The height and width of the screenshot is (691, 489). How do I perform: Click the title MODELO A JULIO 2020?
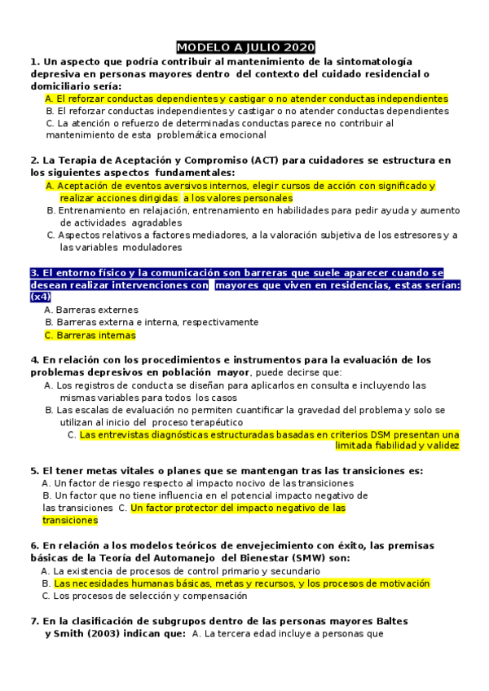(245, 47)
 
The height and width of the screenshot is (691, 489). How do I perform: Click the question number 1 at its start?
(33, 61)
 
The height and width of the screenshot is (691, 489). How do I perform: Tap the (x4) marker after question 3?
(40, 297)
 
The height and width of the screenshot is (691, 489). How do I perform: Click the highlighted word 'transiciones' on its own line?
(69, 520)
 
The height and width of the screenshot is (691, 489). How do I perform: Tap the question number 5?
(33, 471)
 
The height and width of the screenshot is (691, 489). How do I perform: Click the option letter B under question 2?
(51, 210)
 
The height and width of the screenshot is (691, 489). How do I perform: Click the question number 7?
(33, 622)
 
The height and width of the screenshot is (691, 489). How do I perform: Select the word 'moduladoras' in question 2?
(154, 247)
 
